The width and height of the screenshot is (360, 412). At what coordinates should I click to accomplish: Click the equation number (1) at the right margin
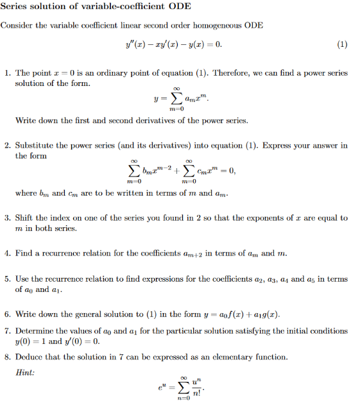click(342, 45)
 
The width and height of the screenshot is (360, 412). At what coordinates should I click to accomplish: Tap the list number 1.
click(7, 73)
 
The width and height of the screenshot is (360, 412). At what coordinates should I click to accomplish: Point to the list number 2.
click(7, 146)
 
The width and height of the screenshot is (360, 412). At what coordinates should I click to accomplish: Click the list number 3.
click(7, 218)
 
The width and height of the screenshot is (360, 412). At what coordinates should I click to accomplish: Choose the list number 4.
click(7, 253)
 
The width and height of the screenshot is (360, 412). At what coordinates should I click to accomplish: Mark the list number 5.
click(7, 279)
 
